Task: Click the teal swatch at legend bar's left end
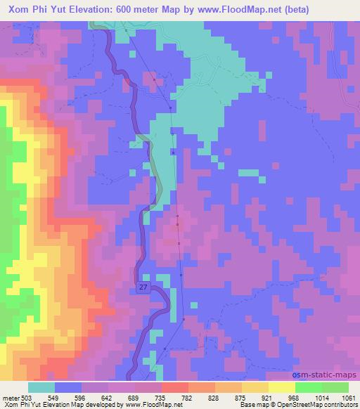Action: pos(41,387)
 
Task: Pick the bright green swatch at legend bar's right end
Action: pos(335,387)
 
